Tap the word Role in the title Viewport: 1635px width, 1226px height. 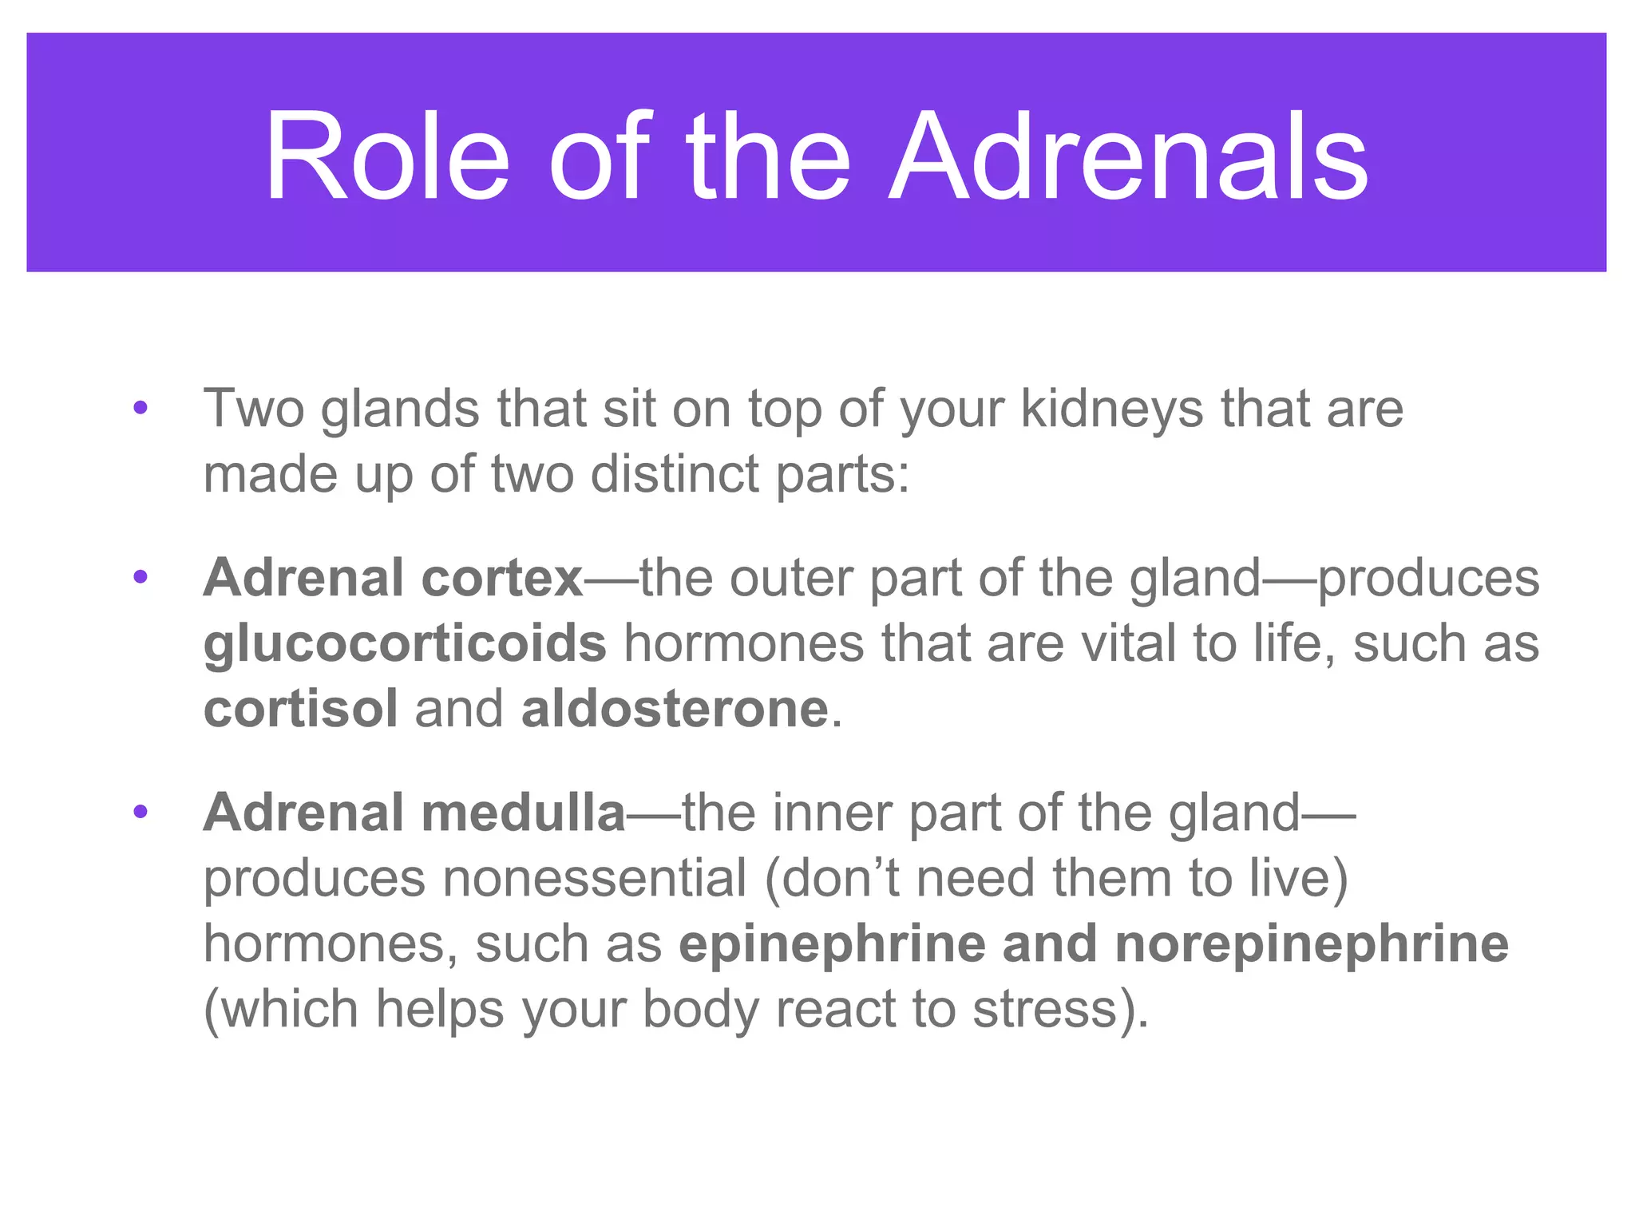tap(386, 156)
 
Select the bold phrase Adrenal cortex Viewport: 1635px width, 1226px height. tap(393, 577)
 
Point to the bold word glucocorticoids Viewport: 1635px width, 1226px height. tap(405, 643)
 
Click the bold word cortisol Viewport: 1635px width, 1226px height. tap(300, 709)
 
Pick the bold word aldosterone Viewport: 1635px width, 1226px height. tap(675, 709)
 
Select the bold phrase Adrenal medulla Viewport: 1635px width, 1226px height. tap(414, 813)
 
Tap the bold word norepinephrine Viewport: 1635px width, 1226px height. tap(1311, 943)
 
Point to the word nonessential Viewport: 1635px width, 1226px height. tap(595, 878)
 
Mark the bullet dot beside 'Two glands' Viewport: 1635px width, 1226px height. tap(141, 409)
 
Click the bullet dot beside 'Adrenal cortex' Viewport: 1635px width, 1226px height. tap(141, 577)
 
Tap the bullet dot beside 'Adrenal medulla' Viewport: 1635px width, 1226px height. tap(141, 813)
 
